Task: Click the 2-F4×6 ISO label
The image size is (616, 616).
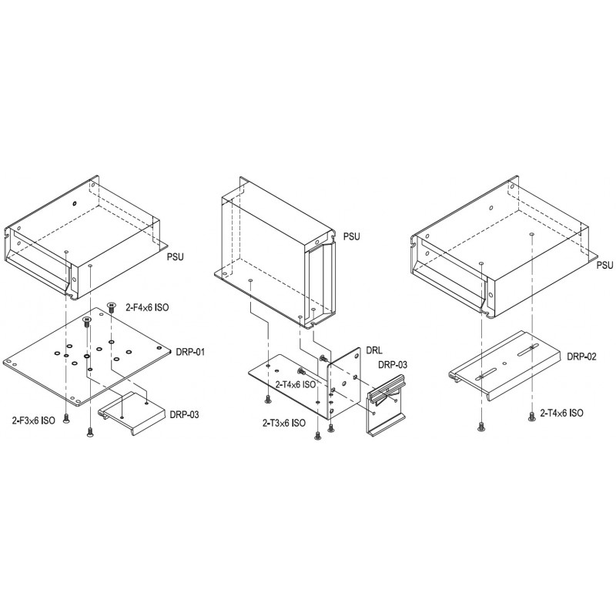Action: pyautogui.click(x=147, y=307)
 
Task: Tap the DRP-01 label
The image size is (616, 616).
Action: pyautogui.click(x=190, y=352)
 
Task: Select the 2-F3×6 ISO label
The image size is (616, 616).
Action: pyautogui.click(x=33, y=420)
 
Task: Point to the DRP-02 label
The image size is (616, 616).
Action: pyautogui.click(x=581, y=357)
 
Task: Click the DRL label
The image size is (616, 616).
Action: pyautogui.click(x=373, y=350)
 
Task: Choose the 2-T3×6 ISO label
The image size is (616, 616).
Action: pyautogui.click(x=283, y=423)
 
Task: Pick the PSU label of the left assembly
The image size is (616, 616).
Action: pyautogui.click(x=176, y=257)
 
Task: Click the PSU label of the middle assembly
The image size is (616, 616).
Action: pyautogui.click(x=351, y=236)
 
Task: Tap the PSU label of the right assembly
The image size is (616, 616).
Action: pyautogui.click(x=604, y=266)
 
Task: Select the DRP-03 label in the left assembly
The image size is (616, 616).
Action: pyautogui.click(x=184, y=414)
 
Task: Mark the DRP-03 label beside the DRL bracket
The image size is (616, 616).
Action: pyautogui.click(x=393, y=364)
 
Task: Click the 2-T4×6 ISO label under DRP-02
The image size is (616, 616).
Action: pyautogui.click(x=561, y=413)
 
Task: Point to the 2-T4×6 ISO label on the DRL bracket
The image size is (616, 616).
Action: pyautogui.click(x=296, y=384)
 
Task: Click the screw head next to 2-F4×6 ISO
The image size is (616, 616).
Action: pyautogui.click(x=111, y=306)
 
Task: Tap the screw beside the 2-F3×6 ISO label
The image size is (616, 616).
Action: pyautogui.click(x=66, y=419)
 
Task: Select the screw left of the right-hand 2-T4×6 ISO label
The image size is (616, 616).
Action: pyautogui.click(x=531, y=417)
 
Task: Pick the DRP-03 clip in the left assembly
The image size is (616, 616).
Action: pyautogui.click(x=132, y=413)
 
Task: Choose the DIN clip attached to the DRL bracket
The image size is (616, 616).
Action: pyautogui.click(x=386, y=404)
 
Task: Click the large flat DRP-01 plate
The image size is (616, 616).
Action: pyautogui.click(x=87, y=357)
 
